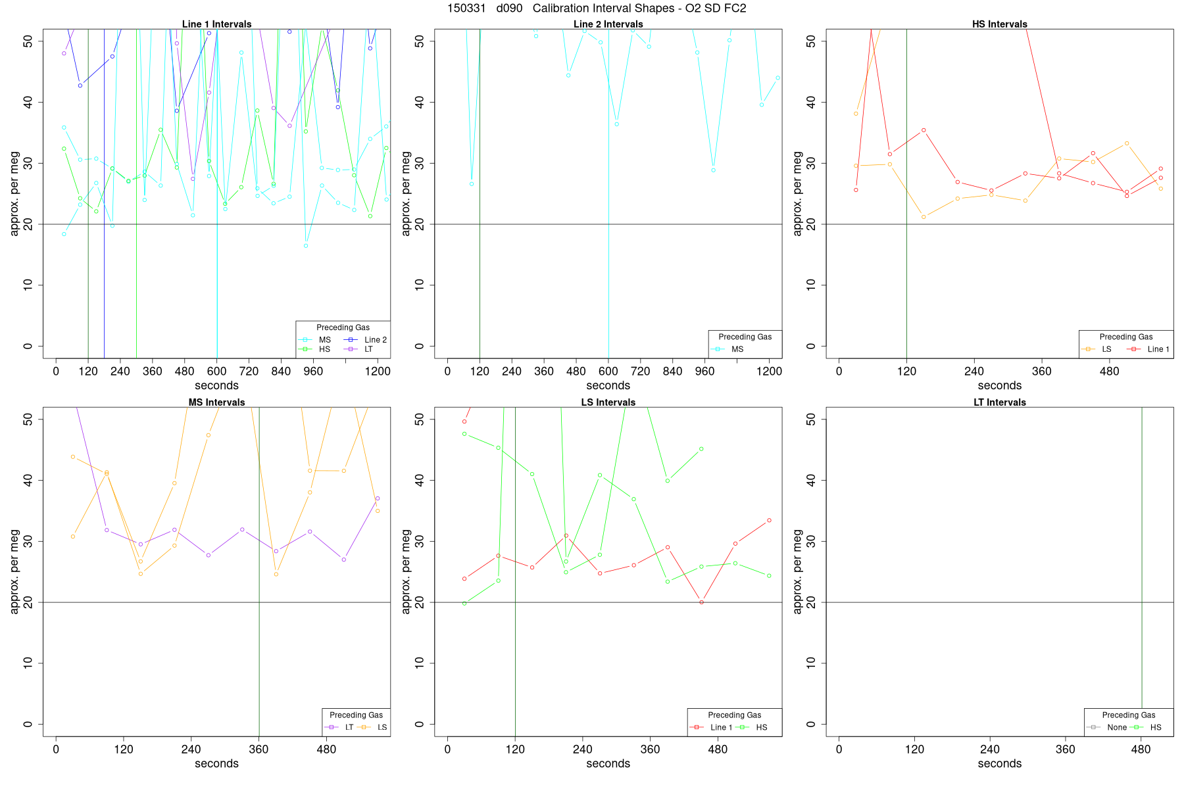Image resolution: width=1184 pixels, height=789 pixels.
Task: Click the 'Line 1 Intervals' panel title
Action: (x=216, y=24)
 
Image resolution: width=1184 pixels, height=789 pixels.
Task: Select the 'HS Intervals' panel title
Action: (x=999, y=24)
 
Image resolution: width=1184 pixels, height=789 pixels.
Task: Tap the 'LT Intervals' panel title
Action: (x=999, y=402)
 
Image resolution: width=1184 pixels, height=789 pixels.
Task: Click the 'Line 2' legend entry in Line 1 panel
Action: (x=376, y=340)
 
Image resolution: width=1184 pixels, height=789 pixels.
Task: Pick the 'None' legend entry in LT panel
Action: (x=1117, y=727)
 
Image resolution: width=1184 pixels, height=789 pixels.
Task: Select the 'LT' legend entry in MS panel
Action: (x=349, y=727)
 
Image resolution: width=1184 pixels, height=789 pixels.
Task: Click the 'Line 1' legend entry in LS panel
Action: (x=721, y=727)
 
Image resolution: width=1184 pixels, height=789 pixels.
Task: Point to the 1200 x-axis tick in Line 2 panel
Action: (x=769, y=371)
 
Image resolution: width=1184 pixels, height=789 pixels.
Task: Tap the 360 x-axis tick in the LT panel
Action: (x=1065, y=750)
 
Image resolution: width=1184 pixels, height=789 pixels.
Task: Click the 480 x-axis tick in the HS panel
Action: (x=1109, y=371)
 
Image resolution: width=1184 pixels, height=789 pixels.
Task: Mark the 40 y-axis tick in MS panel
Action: (x=28, y=480)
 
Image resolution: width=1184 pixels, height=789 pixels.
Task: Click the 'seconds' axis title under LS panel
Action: (x=608, y=764)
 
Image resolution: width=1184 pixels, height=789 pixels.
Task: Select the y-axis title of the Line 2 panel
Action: (x=406, y=193)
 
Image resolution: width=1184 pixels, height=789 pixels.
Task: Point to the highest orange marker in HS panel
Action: (x=856, y=114)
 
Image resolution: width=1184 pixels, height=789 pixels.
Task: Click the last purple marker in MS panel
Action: (x=378, y=498)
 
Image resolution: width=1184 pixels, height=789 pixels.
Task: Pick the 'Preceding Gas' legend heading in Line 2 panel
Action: (x=745, y=337)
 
